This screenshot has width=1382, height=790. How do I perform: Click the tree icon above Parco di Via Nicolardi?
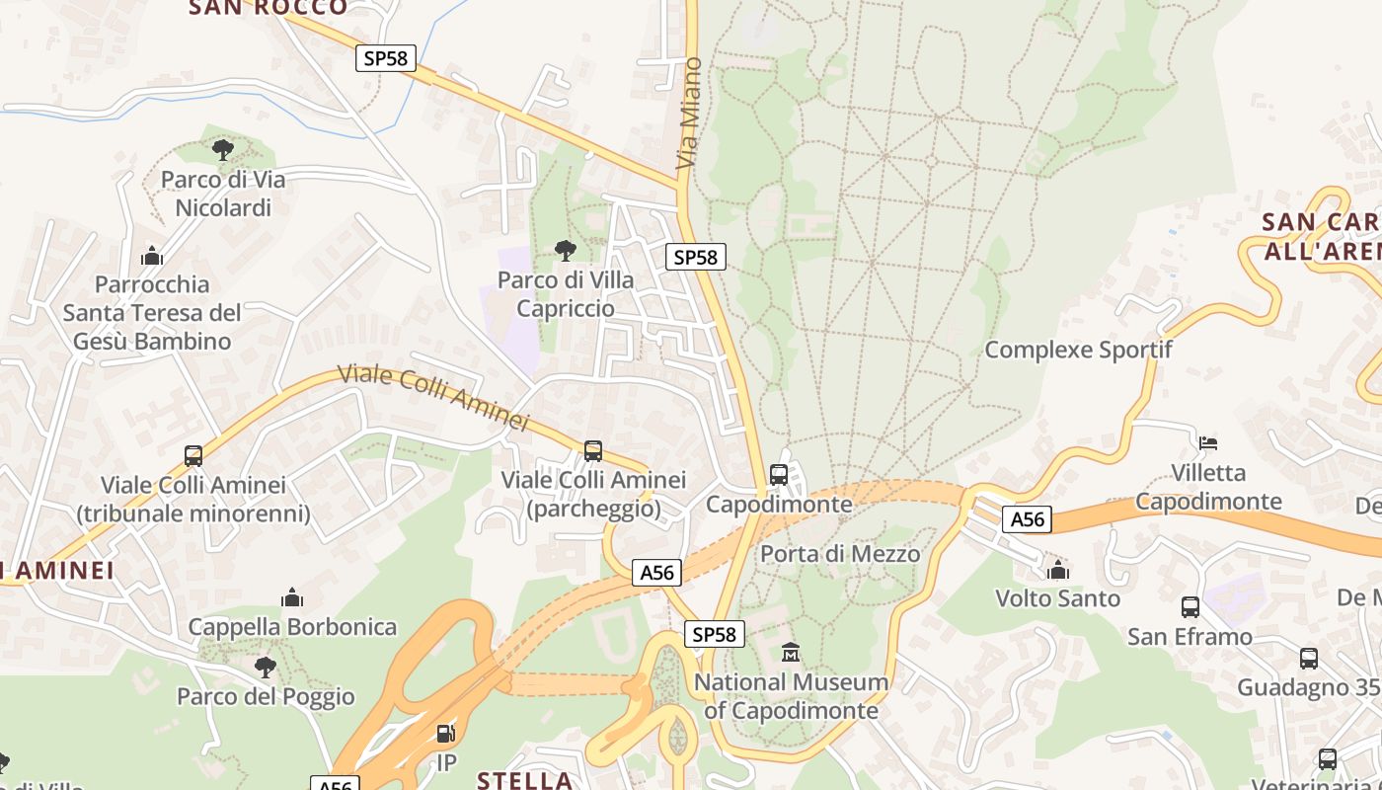(x=223, y=150)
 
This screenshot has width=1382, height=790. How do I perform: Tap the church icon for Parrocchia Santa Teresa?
(x=152, y=256)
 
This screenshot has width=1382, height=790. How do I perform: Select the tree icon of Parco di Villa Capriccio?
(x=566, y=251)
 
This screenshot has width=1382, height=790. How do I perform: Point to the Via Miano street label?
(x=690, y=113)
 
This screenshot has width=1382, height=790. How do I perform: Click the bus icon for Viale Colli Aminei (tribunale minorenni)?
(x=193, y=456)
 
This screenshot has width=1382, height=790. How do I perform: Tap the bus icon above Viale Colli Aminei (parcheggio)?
(x=593, y=451)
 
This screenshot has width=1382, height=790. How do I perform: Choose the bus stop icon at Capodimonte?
(x=779, y=475)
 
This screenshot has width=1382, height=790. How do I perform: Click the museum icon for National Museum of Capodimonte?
(x=791, y=653)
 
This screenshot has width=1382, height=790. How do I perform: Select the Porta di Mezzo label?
(x=840, y=554)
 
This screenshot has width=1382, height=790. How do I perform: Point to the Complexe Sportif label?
(x=1078, y=350)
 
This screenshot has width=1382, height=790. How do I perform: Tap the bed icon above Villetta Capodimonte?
(x=1208, y=443)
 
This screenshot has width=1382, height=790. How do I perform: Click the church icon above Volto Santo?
(x=1058, y=570)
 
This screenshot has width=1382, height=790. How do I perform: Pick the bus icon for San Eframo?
(x=1190, y=607)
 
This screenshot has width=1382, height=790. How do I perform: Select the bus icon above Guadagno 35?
(x=1309, y=658)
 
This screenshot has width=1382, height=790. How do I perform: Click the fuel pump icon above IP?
(x=446, y=734)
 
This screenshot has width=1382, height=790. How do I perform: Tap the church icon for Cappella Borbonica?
(x=292, y=597)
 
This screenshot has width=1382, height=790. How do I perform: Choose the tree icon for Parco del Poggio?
(x=266, y=668)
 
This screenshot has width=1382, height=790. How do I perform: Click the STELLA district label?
(x=524, y=780)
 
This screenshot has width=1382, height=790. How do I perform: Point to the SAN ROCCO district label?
(x=269, y=8)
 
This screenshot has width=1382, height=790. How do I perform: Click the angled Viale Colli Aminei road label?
(x=433, y=398)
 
